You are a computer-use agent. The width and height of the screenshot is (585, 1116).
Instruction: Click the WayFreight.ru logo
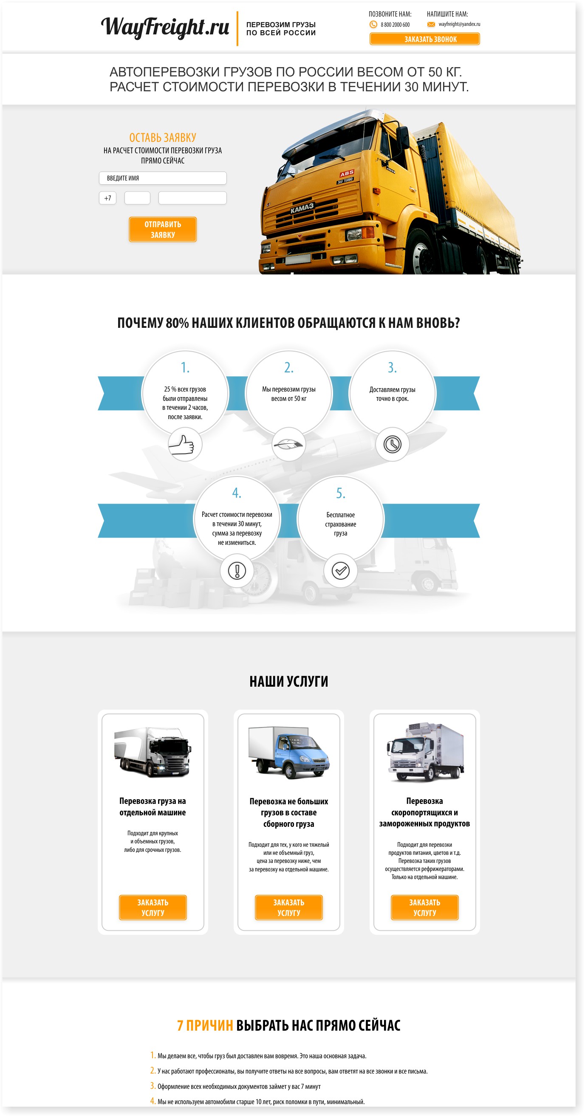point(165,27)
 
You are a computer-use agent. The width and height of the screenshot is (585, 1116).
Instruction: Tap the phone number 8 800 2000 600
point(395,25)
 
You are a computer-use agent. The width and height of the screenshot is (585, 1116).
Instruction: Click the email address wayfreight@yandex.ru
point(459,24)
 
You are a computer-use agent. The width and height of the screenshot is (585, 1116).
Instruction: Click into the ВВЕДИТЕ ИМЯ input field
point(162,178)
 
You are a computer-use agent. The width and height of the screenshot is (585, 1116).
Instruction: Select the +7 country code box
point(107,198)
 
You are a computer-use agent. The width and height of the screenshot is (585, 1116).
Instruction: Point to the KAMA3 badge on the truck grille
point(302,208)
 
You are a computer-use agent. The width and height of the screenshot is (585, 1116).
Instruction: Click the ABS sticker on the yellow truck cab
point(347,174)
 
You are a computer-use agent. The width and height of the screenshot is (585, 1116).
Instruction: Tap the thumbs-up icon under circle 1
point(181,445)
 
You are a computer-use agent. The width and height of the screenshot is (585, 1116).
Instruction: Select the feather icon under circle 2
point(288,445)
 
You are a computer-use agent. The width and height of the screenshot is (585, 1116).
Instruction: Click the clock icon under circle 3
point(392,445)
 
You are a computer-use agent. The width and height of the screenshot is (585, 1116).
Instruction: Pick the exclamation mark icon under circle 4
point(237,571)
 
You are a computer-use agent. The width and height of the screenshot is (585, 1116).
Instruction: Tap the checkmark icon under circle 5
point(341,571)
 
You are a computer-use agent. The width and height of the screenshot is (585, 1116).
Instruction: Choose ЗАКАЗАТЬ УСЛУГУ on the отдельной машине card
point(153,907)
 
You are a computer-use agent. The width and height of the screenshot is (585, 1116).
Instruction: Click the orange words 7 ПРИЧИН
point(205,1026)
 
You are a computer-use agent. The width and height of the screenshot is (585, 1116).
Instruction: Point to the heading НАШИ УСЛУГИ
point(288,682)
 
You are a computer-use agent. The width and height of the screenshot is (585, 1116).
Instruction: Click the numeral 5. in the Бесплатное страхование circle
point(341,493)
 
